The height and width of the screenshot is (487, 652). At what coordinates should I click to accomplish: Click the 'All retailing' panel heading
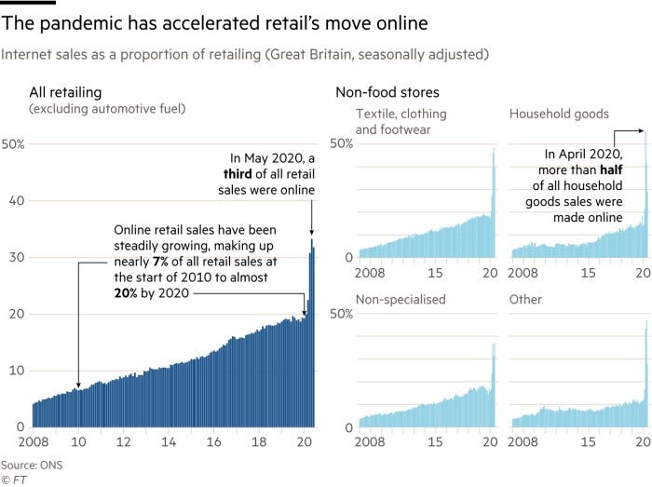pos(66,91)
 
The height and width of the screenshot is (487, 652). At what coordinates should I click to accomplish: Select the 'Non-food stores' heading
pos(387,91)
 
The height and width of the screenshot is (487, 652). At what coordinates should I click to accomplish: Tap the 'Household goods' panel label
pos(559,114)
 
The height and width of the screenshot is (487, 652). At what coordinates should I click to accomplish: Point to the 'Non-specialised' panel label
pos(401,300)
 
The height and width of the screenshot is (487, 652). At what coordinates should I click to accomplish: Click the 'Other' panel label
pos(526,300)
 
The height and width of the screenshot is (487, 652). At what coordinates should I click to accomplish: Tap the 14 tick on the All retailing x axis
pos(168,440)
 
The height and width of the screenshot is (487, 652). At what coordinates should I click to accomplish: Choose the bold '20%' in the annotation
pos(128,292)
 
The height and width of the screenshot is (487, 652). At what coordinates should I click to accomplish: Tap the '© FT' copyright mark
pos(14,479)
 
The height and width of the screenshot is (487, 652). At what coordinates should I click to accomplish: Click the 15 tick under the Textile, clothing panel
pos(435,271)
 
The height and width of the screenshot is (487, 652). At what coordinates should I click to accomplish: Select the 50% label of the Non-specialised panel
pos(343,314)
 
